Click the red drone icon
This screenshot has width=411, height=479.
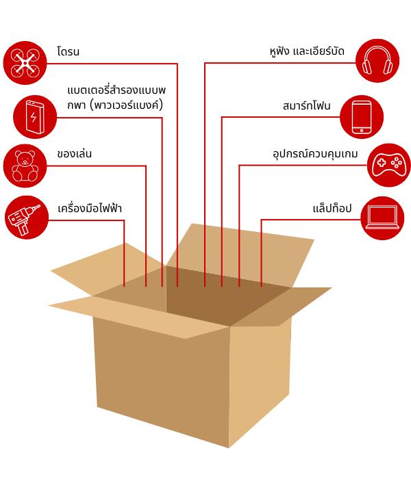(25, 63)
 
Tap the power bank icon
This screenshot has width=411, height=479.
(35, 117)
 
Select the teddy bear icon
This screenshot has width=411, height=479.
(25, 166)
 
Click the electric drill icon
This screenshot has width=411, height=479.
(27, 218)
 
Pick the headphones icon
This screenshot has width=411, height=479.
(377, 61)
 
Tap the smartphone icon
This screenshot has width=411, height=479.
(362, 117)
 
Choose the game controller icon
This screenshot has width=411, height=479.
(388, 165)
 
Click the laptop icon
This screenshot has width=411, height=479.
(382, 218)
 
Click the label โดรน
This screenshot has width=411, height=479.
(68, 52)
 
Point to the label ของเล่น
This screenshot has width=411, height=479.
(75, 154)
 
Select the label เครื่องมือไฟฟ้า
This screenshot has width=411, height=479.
(90, 208)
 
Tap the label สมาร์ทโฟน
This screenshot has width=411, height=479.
(306, 106)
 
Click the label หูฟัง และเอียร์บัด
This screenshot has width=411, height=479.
(307, 52)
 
